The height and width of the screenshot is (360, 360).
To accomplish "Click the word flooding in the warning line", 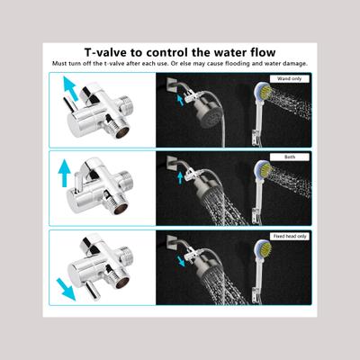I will pyautogui.click(x=252, y=63).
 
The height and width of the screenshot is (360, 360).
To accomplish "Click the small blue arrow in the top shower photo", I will pyautogui.click(x=179, y=101).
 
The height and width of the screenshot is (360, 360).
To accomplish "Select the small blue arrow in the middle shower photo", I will pyautogui.click(x=179, y=178).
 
